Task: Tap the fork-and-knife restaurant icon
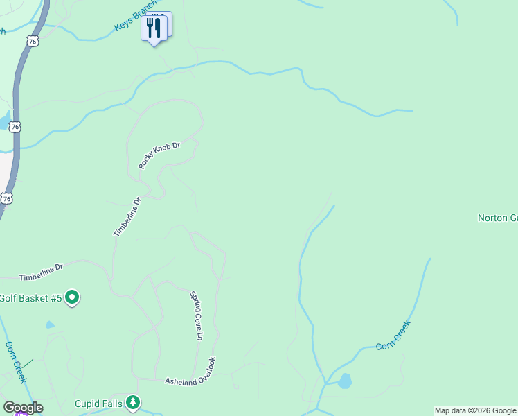click(154, 28)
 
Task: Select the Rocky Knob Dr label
click(159, 155)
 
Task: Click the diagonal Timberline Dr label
click(127, 217)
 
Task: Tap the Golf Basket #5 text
click(31, 298)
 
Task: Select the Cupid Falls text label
click(99, 403)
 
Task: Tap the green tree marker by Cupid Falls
click(133, 402)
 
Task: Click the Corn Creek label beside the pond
click(393, 336)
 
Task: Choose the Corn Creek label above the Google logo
click(16, 362)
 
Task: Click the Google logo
click(23, 408)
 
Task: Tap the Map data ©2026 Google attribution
click(476, 410)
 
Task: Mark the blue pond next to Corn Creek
click(345, 381)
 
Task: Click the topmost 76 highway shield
click(33, 42)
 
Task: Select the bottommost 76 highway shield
click(6, 198)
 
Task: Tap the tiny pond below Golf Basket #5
click(50, 324)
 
